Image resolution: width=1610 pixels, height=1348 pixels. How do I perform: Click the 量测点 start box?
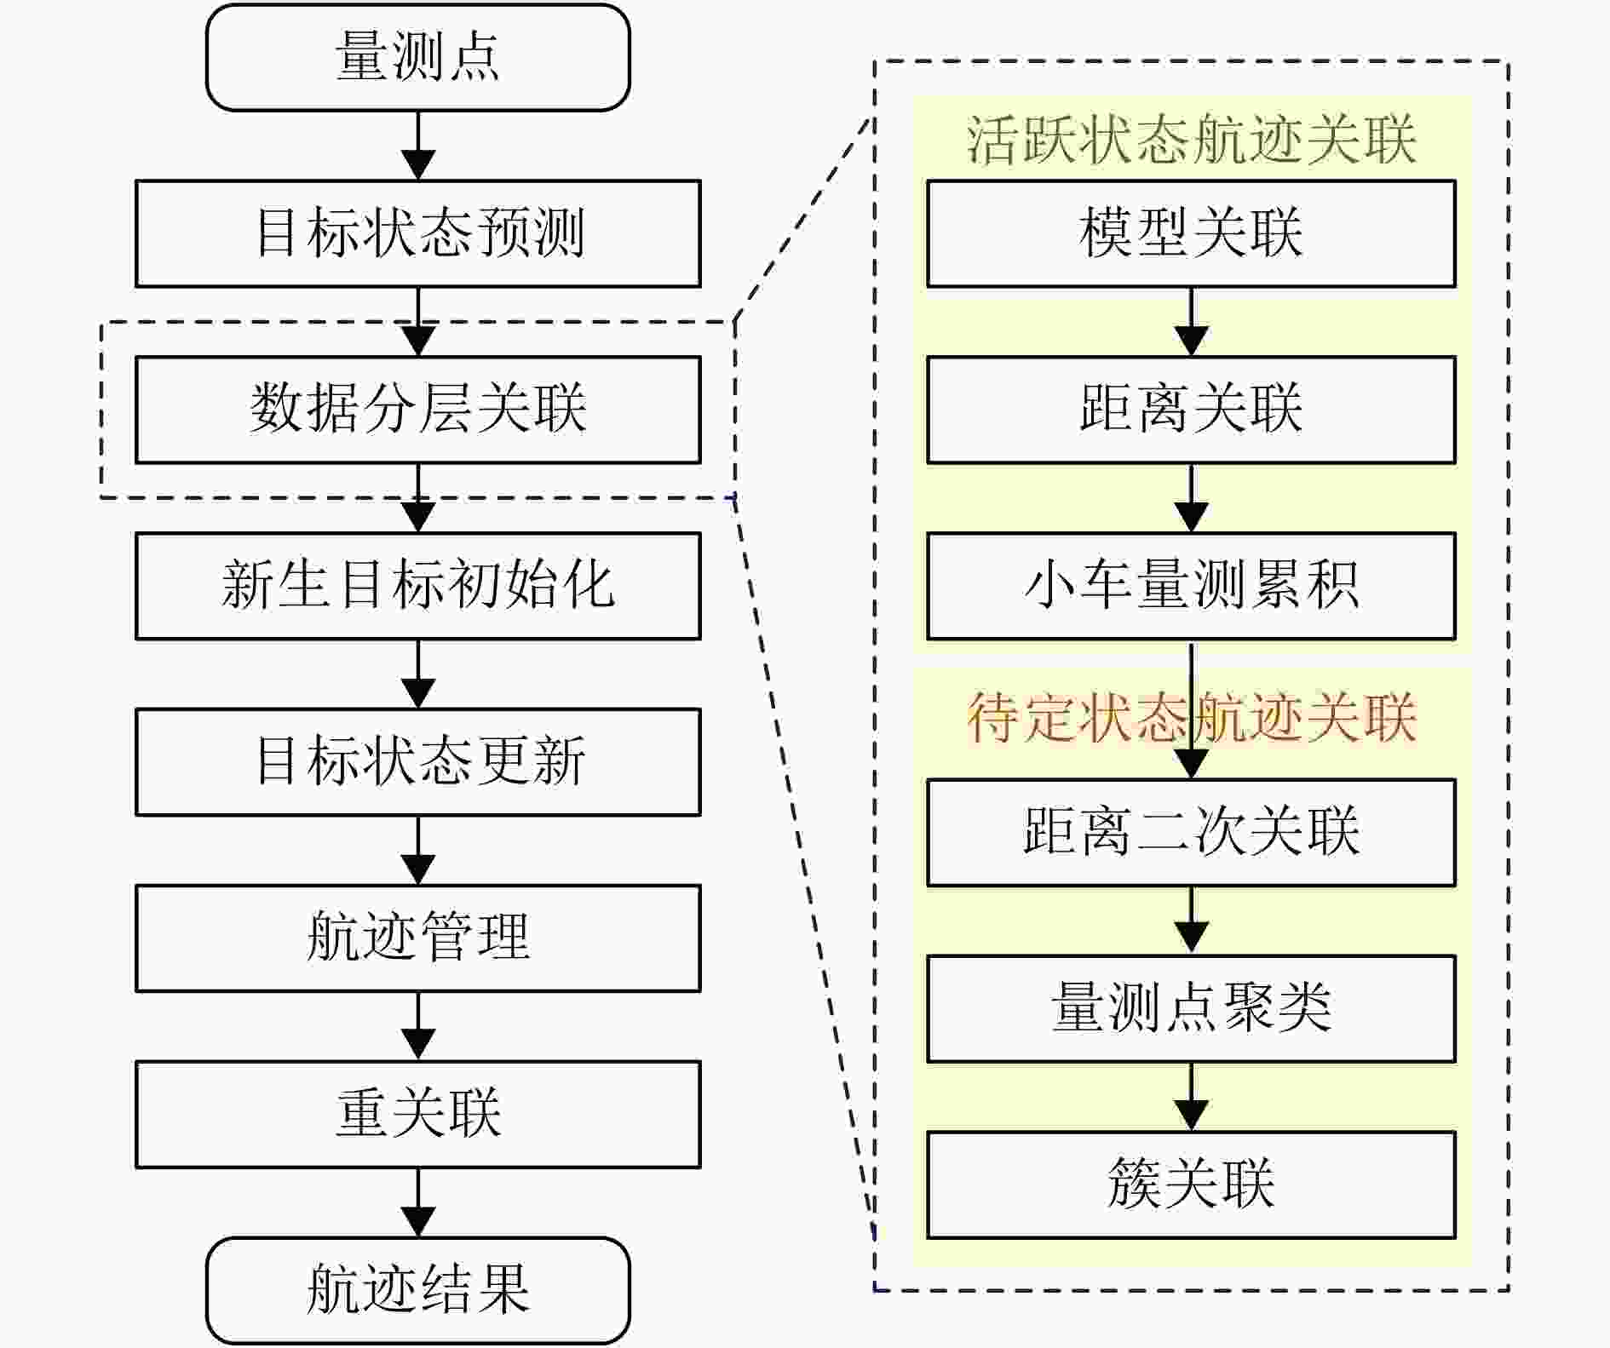(417, 57)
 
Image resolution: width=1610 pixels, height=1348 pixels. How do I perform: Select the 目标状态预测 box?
(417, 233)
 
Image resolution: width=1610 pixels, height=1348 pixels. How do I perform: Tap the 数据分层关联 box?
(417, 410)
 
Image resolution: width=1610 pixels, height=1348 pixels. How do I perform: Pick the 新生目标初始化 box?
(417, 586)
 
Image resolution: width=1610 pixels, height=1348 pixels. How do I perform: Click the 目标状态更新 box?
(417, 762)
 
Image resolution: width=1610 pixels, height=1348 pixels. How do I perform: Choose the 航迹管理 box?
(417, 938)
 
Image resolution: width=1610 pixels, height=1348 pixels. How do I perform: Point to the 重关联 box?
(417, 1114)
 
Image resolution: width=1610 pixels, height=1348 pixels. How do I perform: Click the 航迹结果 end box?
(417, 1290)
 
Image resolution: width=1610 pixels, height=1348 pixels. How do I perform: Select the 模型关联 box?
(1191, 233)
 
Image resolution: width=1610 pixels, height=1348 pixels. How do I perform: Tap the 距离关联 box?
(1191, 410)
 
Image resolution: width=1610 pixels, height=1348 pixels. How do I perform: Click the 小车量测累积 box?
(1191, 586)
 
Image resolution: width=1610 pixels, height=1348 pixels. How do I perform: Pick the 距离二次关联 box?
(1191, 832)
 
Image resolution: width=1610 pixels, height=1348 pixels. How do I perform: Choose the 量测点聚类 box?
(1191, 1008)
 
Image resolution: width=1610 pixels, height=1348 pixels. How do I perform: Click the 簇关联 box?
(1191, 1185)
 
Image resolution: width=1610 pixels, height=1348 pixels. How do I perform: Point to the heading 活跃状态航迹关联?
(1191, 139)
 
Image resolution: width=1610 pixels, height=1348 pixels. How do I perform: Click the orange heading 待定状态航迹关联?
(1191, 717)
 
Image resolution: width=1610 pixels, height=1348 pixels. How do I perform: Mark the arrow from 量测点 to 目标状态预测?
(417, 146)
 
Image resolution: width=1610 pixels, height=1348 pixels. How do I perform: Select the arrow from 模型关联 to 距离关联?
(1191, 322)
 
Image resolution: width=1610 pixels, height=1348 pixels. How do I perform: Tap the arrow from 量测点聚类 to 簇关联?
(1191, 1097)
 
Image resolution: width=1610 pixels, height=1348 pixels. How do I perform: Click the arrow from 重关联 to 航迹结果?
(417, 1202)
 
